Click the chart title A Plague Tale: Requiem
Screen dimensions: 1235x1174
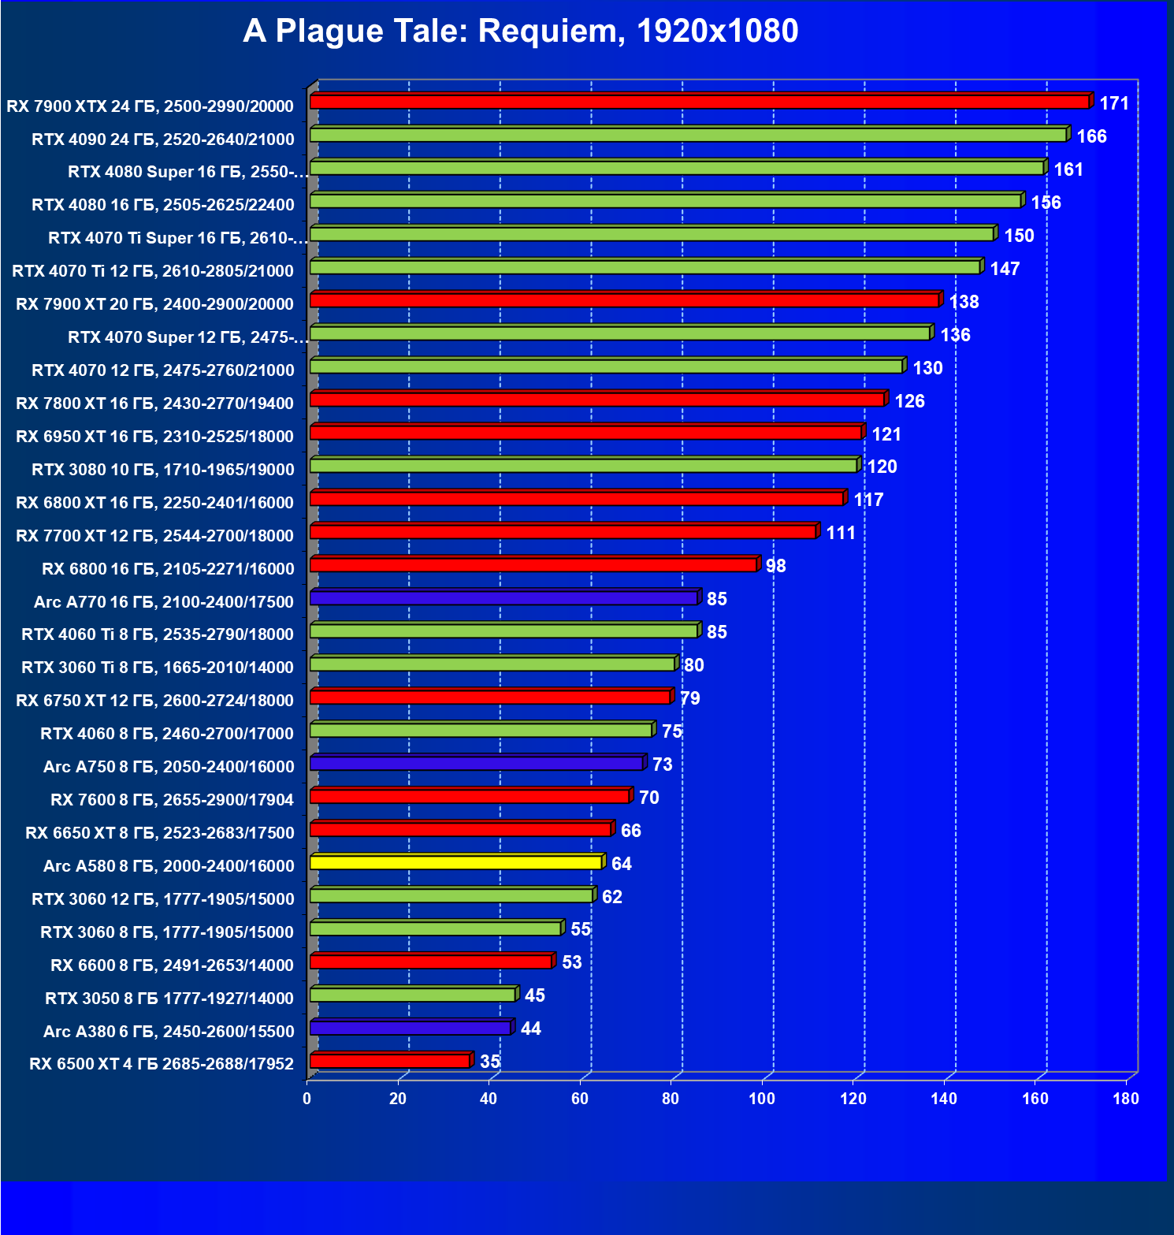click(x=520, y=32)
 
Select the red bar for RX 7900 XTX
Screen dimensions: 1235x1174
click(x=700, y=102)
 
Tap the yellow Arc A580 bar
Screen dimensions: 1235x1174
click(x=456, y=862)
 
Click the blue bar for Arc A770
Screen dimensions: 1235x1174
click(x=503, y=598)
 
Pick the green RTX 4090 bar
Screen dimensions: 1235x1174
click(x=689, y=135)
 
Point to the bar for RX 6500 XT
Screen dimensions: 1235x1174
click(x=390, y=1061)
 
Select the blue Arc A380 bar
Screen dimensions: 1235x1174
click(x=411, y=1028)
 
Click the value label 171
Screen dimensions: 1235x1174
click(x=1114, y=103)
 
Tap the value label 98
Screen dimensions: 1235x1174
click(x=775, y=566)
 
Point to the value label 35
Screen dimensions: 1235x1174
click(x=490, y=1062)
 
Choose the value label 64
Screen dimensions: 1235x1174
click(x=621, y=864)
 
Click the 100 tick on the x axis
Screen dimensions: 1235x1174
click(x=762, y=1099)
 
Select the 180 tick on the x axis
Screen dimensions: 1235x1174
click(x=1126, y=1099)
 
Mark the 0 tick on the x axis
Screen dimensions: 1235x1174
click(x=307, y=1099)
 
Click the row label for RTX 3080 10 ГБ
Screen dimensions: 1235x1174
click(x=162, y=470)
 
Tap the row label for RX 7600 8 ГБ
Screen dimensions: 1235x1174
click(x=172, y=800)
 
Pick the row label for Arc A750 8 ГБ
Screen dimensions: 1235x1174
click(x=169, y=767)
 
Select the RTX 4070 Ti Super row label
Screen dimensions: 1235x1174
click(x=177, y=238)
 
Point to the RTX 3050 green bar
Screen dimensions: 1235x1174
click(x=413, y=995)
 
